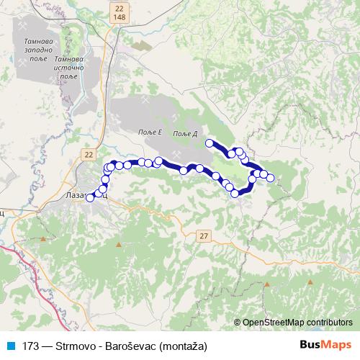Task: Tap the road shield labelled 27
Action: pos(204,235)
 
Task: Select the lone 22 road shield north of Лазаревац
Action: pos(88,154)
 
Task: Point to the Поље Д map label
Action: pos(185,134)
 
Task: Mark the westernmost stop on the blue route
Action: pos(90,198)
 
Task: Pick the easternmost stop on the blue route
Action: pos(271,178)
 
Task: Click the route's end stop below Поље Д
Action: pos(210,143)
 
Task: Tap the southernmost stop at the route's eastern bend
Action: pos(235,193)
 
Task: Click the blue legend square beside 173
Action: pos(12,346)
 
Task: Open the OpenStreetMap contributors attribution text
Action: pos(298,322)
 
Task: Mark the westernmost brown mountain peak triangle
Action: pos(45,238)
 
